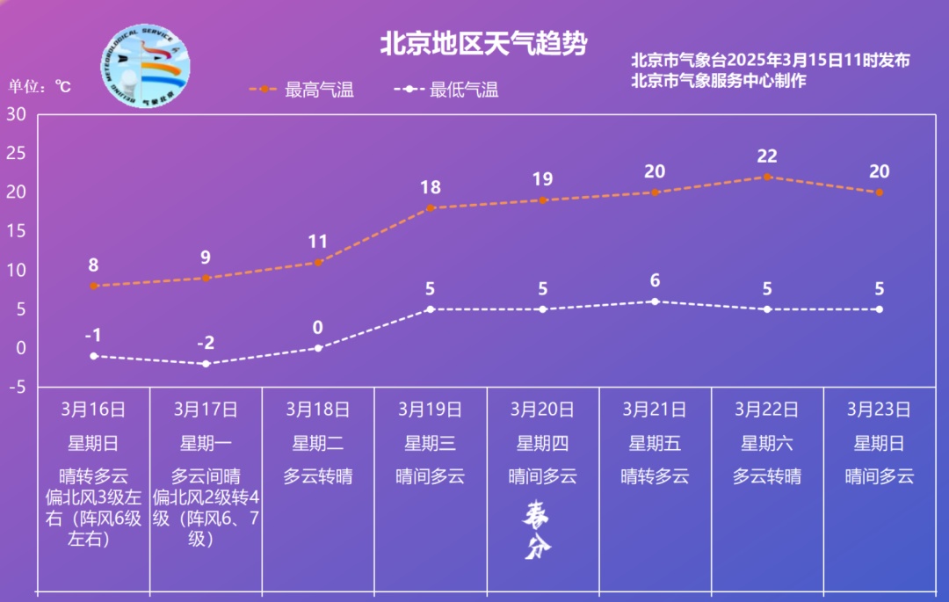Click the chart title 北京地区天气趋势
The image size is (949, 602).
482,44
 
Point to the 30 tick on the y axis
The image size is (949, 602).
17,114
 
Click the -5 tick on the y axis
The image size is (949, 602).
15,387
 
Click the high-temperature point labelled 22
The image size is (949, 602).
767,177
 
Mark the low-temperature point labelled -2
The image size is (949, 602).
206,363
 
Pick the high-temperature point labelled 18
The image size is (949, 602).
431,208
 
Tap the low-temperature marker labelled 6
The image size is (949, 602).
655,301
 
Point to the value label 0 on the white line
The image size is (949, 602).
318,328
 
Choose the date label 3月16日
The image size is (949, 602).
93,409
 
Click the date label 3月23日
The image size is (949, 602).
879,409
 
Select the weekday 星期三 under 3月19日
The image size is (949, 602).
431,443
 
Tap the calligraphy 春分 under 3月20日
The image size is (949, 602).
538,530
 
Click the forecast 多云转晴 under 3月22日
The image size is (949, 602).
767,476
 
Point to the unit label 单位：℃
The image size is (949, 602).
40,87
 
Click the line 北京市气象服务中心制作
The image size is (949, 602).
719,80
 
